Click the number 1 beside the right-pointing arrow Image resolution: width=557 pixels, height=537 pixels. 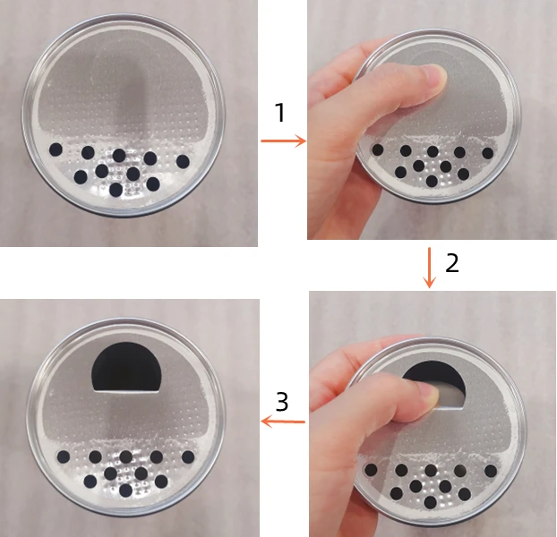pyautogui.click(x=279, y=113)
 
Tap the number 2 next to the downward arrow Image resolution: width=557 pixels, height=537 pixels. pyautogui.click(x=452, y=262)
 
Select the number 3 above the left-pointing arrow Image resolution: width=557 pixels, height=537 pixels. pyautogui.click(x=281, y=402)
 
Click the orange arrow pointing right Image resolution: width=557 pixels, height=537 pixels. pyautogui.click(x=282, y=141)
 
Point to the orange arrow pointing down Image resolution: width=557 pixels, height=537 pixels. pyautogui.click(x=429, y=267)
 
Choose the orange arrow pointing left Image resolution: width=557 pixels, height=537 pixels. pyautogui.click(x=282, y=422)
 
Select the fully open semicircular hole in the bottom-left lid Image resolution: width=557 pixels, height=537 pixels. pyautogui.click(x=126, y=366)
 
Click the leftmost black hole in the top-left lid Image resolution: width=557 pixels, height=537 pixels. pyautogui.click(x=56, y=149)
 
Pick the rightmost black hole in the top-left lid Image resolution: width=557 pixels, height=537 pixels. pyautogui.click(x=183, y=161)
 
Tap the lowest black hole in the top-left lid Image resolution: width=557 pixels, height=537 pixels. pyautogui.click(x=116, y=189)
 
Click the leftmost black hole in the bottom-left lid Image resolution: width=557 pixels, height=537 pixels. pyautogui.click(x=64, y=456)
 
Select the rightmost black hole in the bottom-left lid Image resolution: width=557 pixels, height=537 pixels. pyautogui.click(x=188, y=456)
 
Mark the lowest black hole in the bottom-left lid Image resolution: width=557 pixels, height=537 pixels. pyautogui.click(x=125, y=490)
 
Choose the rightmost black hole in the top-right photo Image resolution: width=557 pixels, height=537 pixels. pyautogui.click(x=487, y=153)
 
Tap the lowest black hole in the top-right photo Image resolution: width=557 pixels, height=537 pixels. pyautogui.click(x=432, y=181)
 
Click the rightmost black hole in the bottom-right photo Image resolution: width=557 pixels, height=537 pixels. pyautogui.click(x=491, y=471)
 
